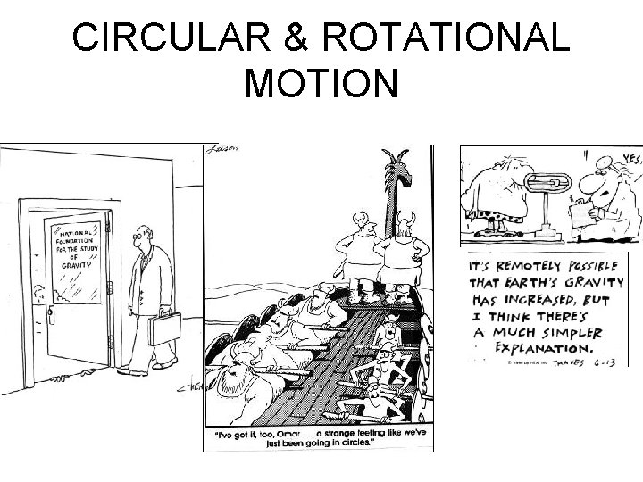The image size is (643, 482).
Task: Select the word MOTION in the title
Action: coord(321,85)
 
